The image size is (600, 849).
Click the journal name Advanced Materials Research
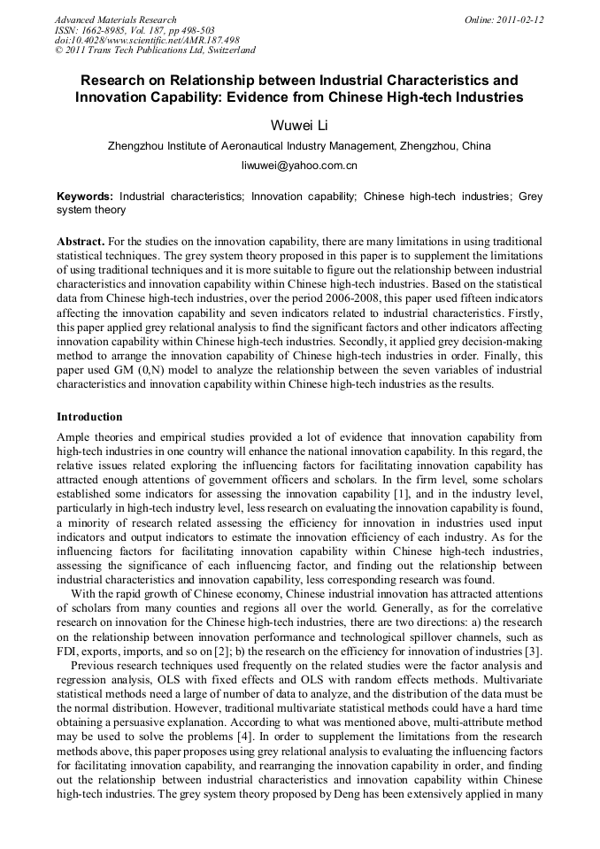pos(115,19)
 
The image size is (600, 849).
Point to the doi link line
pos(147,41)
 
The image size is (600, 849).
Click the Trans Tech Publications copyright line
pos(155,51)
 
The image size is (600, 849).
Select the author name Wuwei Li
pos(299,125)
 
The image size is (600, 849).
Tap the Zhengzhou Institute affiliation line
pos(299,146)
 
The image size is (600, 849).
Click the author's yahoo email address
pos(299,166)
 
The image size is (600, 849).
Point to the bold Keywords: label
pos(85,197)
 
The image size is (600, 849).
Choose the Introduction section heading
pos(89,417)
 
